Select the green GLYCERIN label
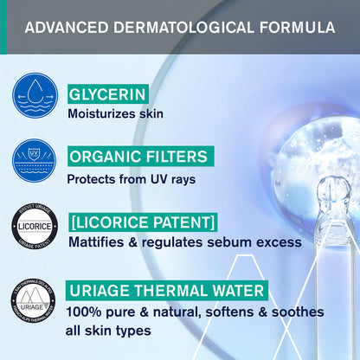pos(107,93)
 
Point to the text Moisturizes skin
pos(116,114)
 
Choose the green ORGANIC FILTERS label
pos(139,157)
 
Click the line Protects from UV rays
pos(129,179)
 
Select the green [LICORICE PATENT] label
pos(141,222)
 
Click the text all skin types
pos(107,331)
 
